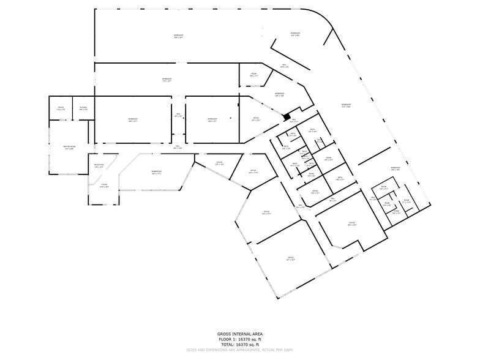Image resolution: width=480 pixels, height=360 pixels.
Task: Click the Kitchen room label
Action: [x=83, y=108]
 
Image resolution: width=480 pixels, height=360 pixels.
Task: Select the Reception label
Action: [x=99, y=165]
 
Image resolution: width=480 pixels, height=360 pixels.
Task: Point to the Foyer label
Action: [x=103, y=186]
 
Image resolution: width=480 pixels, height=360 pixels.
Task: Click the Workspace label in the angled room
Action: [x=156, y=173]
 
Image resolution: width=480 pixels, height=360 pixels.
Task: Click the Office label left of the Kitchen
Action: [x=61, y=108]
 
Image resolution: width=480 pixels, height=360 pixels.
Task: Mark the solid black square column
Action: [x=286, y=116]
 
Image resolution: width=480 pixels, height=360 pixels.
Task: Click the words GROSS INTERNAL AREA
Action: [x=240, y=334]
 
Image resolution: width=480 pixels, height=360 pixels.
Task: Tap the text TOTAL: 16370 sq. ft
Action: [x=240, y=344]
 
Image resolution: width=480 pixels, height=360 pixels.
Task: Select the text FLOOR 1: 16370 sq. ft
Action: [x=240, y=339]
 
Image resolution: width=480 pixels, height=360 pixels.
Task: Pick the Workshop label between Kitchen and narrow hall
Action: [x=133, y=119]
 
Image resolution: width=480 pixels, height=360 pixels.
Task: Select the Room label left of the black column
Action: [x=254, y=74]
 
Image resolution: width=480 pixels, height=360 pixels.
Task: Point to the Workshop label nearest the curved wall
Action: [x=295, y=34]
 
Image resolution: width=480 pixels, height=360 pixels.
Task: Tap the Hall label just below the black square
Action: [x=293, y=121]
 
